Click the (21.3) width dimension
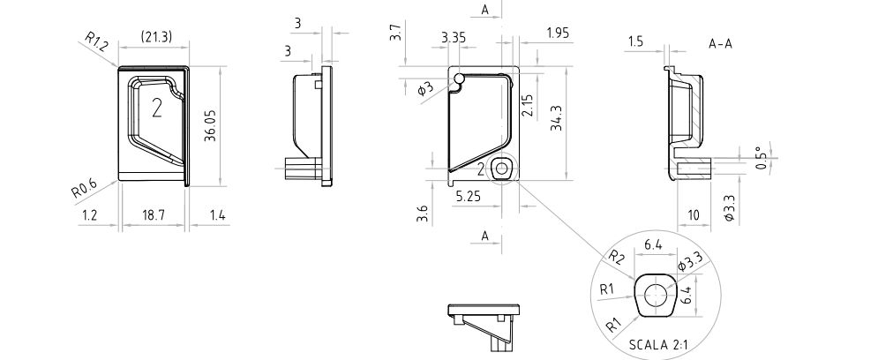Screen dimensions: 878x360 (156, 37)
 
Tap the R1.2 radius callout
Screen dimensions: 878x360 (96, 41)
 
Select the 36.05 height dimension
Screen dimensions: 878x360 (211, 125)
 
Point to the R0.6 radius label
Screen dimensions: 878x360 (84, 189)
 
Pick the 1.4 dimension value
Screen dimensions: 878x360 (218, 215)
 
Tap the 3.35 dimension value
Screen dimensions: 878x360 (454, 38)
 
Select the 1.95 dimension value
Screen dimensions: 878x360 (558, 33)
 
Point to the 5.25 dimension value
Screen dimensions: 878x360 (468, 196)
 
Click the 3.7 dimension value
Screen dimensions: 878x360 (396, 32)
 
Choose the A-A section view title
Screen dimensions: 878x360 (721, 43)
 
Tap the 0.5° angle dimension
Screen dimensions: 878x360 (761, 158)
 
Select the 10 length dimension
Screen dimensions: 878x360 (694, 215)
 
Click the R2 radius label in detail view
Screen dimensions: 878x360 (617, 257)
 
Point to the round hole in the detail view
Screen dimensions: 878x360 (654, 295)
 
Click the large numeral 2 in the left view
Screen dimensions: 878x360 (157, 108)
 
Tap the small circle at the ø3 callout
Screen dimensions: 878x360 (459, 79)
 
